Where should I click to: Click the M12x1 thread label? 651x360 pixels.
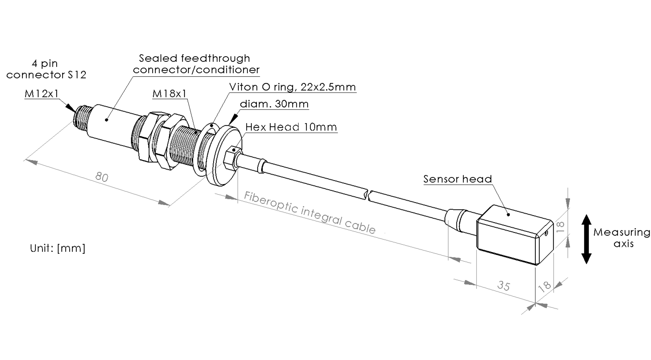tap(42, 94)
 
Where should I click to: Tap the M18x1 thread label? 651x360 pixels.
tap(170, 94)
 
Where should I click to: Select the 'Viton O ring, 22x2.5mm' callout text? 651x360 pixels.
tap(293, 87)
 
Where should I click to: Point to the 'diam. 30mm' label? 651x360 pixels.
tap(274, 104)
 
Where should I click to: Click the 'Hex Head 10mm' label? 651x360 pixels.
tap(291, 127)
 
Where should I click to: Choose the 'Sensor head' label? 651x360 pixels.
tap(457, 179)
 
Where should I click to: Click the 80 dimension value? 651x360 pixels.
tap(102, 177)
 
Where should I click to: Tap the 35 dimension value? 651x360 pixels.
tap(504, 286)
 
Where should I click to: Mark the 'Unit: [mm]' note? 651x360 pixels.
tap(58, 248)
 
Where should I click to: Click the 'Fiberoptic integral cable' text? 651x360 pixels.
tap(310, 213)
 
